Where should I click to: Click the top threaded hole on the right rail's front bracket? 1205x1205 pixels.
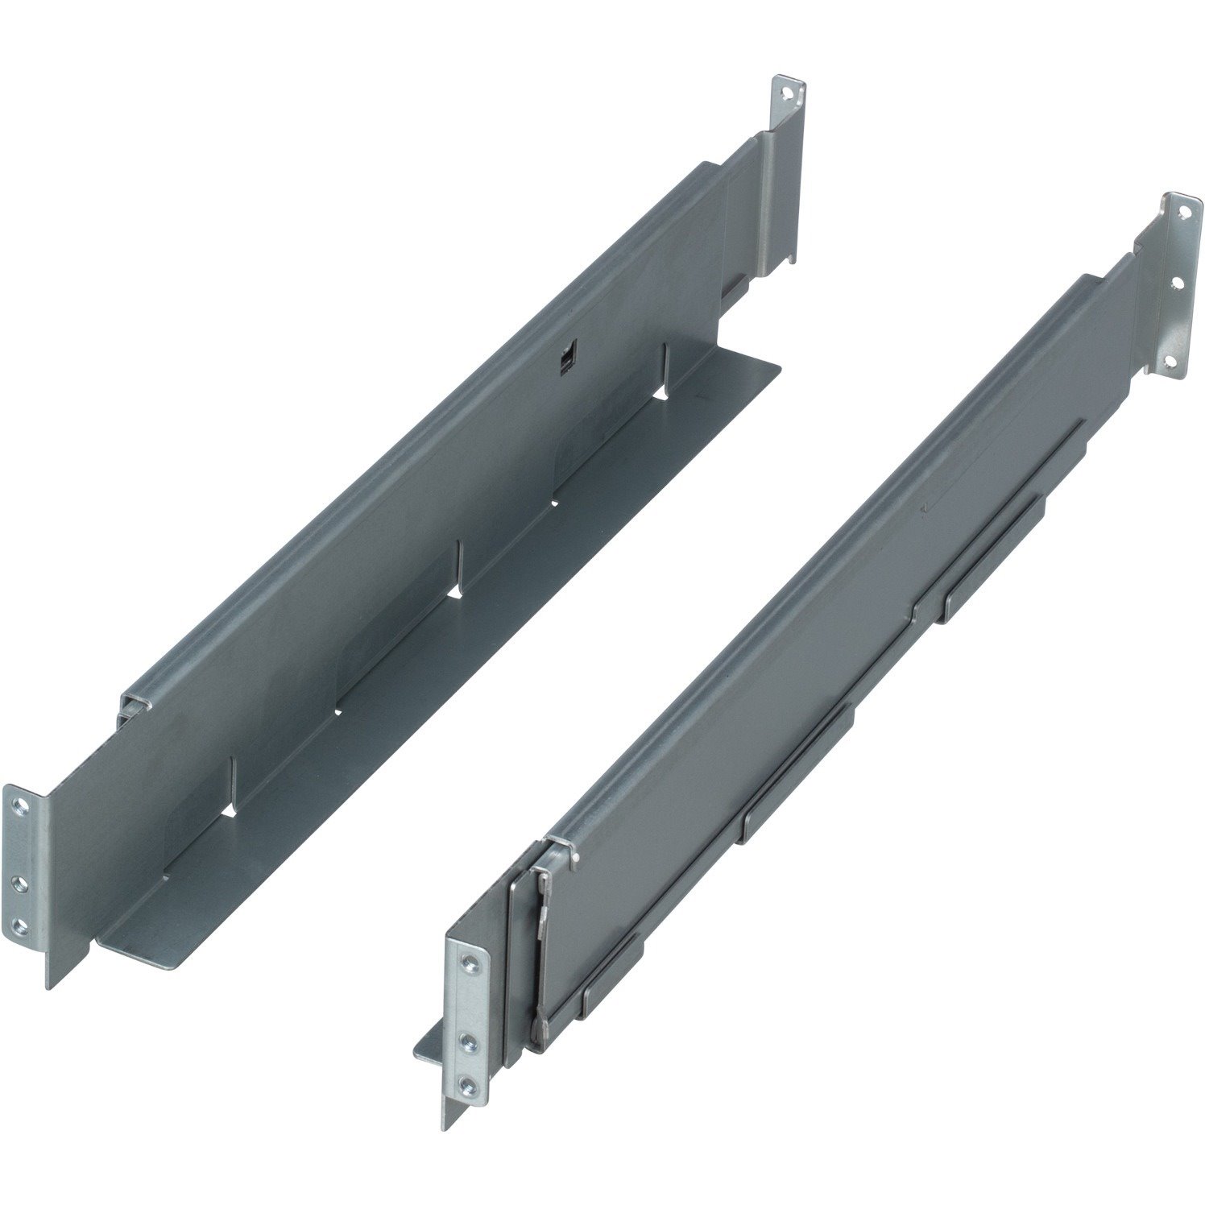coord(468,959)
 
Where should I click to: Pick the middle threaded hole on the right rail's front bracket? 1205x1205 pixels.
coord(468,1041)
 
